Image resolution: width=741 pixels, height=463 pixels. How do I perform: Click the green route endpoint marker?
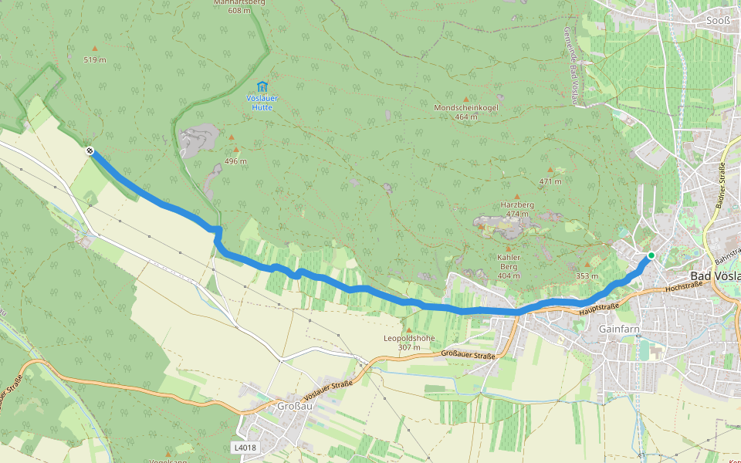tap(651, 255)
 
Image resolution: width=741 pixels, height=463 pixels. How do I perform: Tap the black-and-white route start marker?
tap(90, 151)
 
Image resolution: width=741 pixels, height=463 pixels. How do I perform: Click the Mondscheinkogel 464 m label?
tap(466, 112)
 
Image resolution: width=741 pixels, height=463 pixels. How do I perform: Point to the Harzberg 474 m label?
tap(517, 209)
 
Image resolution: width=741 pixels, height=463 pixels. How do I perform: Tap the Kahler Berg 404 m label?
tap(509, 266)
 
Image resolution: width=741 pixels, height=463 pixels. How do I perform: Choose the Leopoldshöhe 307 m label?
tap(409, 343)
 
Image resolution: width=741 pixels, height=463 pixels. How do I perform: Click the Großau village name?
tap(293, 406)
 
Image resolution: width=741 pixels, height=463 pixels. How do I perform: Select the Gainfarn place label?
tap(615, 328)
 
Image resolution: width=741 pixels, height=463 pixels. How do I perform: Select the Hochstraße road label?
tap(683, 286)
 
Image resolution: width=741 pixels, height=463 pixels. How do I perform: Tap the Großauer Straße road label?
tap(468, 354)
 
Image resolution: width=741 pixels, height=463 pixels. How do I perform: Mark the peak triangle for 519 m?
tap(95, 48)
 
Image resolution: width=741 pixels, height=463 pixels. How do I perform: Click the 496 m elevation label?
tap(235, 161)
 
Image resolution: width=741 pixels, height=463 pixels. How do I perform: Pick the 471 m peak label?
tap(550, 181)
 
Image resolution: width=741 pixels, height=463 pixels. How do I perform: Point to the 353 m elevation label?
tap(587, 275)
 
